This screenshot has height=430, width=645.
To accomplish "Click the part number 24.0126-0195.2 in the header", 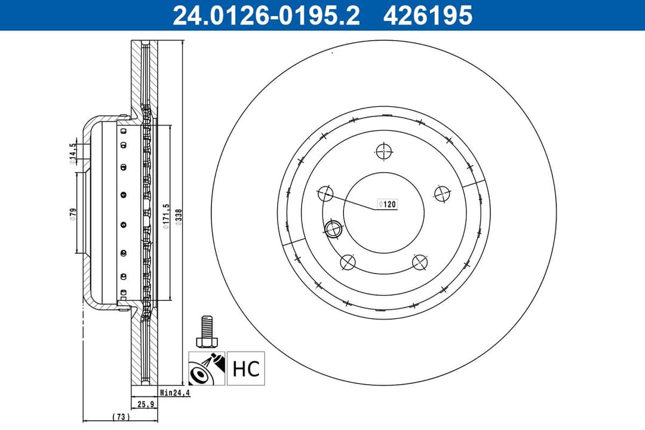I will (x=266, y=15).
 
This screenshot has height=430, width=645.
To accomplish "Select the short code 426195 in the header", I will (x=428, y=15).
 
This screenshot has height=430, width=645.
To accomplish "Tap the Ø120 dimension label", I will (x=387, y=204).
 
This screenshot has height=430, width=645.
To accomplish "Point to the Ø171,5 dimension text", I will (x=167, y=214).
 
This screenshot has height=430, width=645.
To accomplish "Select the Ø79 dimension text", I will (x=72, y=214).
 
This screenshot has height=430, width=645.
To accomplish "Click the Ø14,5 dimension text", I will (x=72, y=153).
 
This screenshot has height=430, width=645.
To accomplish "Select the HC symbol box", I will (x=245, y=368).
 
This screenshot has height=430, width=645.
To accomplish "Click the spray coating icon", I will (x=207, y=368).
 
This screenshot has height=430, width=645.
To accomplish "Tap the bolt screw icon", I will (x=206, y=332).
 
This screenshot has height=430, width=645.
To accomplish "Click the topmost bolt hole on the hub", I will (x=383, y=151).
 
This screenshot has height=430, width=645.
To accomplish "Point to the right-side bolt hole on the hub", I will (x=441, y=193).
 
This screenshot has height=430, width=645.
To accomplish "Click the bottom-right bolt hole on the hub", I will (x=419, y=262).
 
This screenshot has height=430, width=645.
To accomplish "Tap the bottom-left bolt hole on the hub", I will (x=348, y=262).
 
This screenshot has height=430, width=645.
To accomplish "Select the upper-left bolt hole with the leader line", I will (x=325, y=193).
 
